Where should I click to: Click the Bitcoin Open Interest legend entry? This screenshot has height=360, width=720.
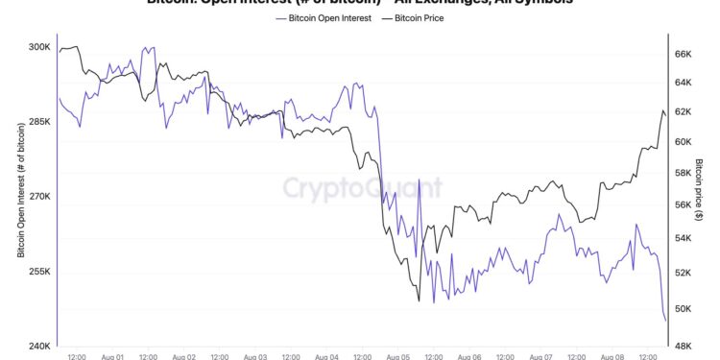(329, 18)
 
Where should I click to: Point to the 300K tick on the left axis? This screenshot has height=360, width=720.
(37, 47)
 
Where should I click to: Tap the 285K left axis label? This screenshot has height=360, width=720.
(37, 122)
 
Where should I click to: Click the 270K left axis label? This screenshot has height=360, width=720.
(37, 197)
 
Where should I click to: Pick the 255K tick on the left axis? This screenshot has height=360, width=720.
(37, 272)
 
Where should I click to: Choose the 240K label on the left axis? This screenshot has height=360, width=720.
(37, 346)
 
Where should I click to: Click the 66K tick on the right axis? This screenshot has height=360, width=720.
(684, 55)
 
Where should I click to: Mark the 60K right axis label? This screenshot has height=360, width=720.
(684, 142)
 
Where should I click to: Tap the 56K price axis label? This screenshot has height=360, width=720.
(684, 204)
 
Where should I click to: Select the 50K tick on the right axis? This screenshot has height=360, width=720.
(684, 309)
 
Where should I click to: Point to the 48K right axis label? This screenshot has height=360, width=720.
(684, 346)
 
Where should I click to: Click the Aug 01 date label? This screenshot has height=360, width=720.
(112, 356)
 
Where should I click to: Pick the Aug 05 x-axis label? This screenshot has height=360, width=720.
(399, 356)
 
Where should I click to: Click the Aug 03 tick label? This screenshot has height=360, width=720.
(256, 356)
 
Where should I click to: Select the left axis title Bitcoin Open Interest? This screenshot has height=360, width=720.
(20, 188)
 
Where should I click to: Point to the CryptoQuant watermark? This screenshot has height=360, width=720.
(362, 186)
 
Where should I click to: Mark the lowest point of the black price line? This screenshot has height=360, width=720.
(419, 300)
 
